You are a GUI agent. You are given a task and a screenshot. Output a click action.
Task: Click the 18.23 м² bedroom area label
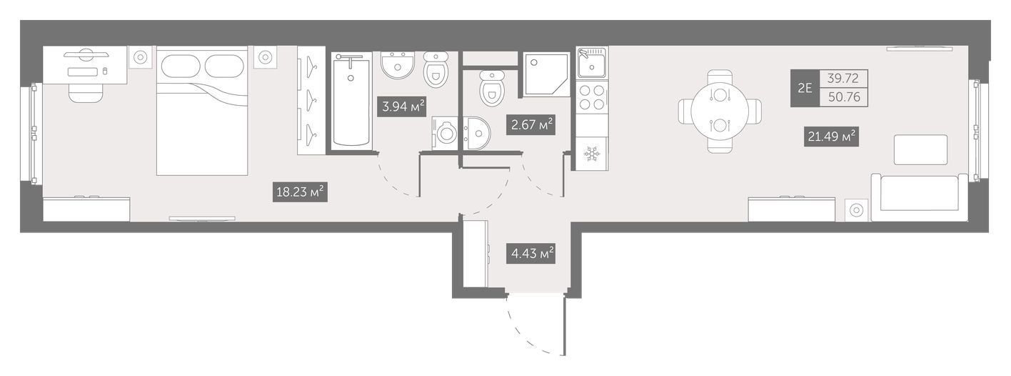[300, 192]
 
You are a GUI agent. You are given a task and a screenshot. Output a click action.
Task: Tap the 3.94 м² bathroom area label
[402, 107]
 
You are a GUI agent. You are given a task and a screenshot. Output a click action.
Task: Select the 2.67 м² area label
[530, 124]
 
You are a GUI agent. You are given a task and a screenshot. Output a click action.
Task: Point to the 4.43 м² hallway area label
[530, 254]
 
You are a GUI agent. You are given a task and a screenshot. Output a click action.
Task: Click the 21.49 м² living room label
[831, 136]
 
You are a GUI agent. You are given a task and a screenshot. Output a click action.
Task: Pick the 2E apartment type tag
[805, 88]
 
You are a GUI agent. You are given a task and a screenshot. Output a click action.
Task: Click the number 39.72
[842, 79]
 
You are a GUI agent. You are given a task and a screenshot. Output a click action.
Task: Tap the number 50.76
[843, 97]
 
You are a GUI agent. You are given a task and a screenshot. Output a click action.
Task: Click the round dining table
[720, 112]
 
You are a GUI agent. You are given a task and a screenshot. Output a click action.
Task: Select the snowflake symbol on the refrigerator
[592, 154]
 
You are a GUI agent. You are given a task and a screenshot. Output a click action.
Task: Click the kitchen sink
[592, 64]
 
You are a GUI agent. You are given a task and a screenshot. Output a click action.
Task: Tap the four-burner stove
[592, 97]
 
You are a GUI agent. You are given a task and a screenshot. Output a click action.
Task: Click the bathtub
[351, 102]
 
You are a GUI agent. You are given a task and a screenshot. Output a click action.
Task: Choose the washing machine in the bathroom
[445, 133]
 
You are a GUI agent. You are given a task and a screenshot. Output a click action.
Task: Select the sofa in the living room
[920, 197]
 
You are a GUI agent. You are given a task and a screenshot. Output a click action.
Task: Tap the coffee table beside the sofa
[921, 149]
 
